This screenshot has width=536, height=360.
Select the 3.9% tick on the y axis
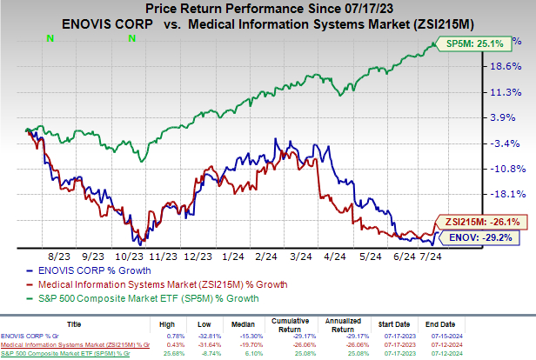[508, 117]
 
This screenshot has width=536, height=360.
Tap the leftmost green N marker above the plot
[49, 38]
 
